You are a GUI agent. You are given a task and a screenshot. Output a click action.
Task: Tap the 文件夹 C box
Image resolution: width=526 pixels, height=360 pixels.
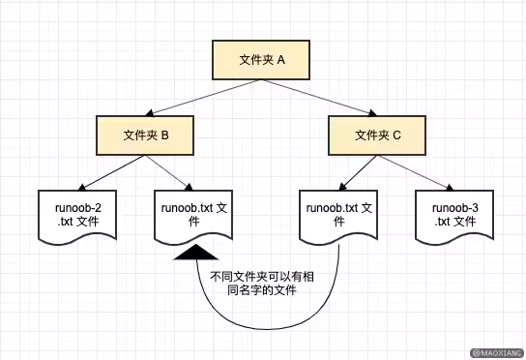[378, 135]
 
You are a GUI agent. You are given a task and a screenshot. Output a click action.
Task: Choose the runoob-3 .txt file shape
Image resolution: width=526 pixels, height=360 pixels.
[454, 216]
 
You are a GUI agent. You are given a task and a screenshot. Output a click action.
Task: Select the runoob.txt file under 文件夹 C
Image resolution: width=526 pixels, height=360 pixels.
[338, 216]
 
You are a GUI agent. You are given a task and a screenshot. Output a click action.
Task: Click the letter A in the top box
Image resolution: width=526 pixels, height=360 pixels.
[281, 60]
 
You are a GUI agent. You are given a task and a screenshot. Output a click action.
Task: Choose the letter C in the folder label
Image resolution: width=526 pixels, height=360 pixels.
[396, 135]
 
